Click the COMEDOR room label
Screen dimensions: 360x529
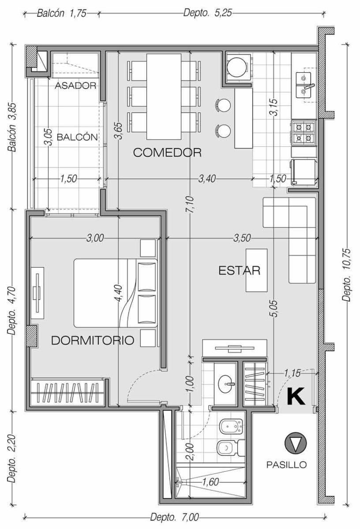167,153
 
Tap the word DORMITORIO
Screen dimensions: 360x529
93,340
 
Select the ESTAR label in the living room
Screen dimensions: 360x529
239,270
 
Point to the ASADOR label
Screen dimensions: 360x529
75,86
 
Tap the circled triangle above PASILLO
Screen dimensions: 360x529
296,443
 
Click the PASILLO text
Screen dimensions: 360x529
286,465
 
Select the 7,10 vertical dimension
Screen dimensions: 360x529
191,204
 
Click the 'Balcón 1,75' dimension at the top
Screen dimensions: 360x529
62,13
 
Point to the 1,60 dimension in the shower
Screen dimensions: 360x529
210,482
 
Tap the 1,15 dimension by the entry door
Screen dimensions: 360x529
292,373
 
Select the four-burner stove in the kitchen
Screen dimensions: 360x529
304,133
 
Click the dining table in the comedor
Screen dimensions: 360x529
164,97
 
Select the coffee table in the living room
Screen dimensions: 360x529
256,270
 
